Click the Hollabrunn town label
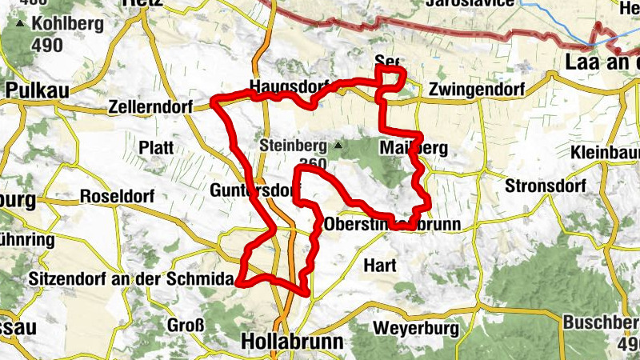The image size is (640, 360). (292, 342)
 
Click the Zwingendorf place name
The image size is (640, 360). (476, 90)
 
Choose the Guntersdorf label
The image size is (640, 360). (248, 190)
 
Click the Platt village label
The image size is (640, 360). (156, 147)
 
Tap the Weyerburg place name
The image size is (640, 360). (415, 328)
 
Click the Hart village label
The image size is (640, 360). (380, 264)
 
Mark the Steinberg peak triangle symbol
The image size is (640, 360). (338, 146)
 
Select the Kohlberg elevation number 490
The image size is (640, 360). (48, 45)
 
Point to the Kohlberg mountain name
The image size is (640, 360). (68, 24)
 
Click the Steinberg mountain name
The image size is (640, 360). (294, 146)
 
